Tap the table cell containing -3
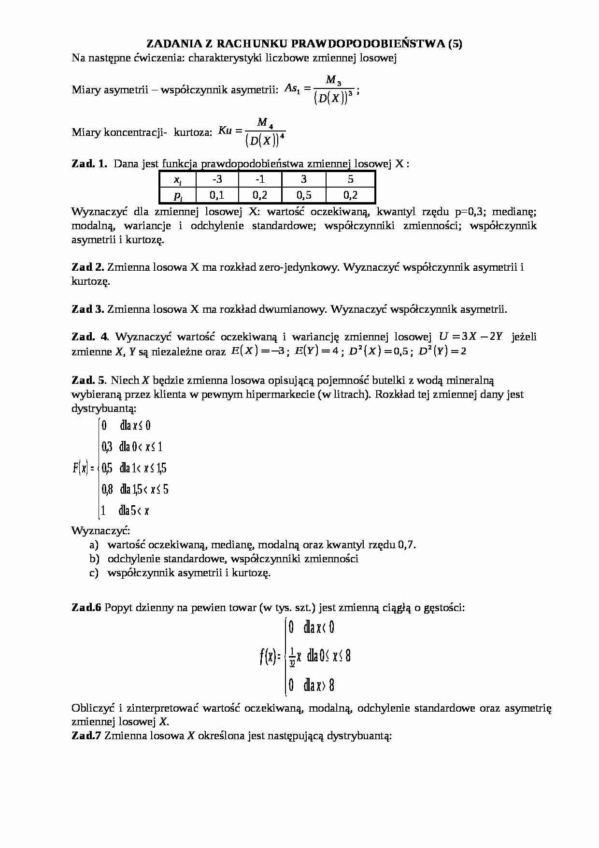[x=217, y=179]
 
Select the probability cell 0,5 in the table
[x=303, y=195]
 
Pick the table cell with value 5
[x=350, y=179]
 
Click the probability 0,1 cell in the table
[x=217, y=195]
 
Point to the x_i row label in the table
[x=178, y=180]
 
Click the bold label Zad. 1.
[x=89, y=164]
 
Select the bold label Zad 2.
[x=87, y=267]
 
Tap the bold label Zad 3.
[x=87, y=309]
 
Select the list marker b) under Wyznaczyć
[x=94, y=559]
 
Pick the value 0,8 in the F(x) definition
[x=107, y=489]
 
